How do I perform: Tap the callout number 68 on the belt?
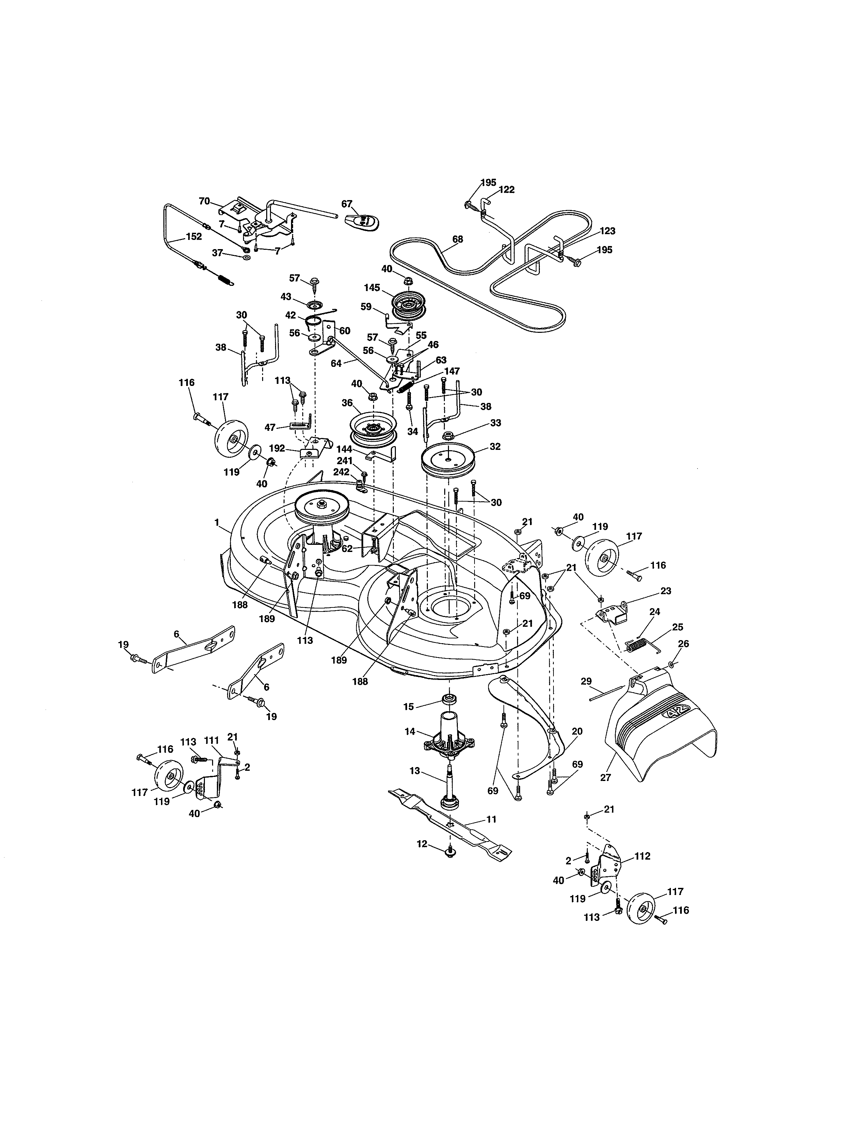click(x=457, y=239)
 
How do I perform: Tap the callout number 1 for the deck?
click(x=217, y=522)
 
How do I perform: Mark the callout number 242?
click(x=341, y=472)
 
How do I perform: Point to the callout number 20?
click(x=577, y=731)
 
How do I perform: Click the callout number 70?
click(x=204, y=201)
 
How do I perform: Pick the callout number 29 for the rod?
click(x=586, y=681)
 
